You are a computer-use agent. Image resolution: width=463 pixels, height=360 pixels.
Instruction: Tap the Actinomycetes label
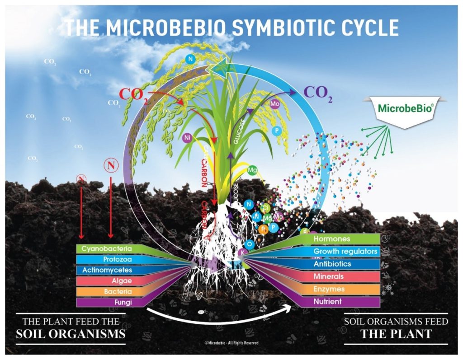[107, 270]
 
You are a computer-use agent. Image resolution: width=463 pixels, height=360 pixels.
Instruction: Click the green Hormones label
[332, 238]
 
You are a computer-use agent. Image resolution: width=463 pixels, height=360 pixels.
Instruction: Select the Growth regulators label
[345, 251]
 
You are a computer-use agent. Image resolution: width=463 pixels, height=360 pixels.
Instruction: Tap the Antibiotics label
[332, 264]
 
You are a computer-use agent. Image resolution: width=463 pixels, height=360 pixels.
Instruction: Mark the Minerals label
[329, 276]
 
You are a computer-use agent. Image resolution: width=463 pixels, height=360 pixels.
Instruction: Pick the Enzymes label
[329, 289]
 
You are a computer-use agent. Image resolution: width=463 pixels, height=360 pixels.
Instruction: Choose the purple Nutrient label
[328, 301]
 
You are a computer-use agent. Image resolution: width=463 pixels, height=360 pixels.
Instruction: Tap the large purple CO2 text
[318, 94]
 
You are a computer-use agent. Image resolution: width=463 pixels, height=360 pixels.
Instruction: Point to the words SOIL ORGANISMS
[71, 335]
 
